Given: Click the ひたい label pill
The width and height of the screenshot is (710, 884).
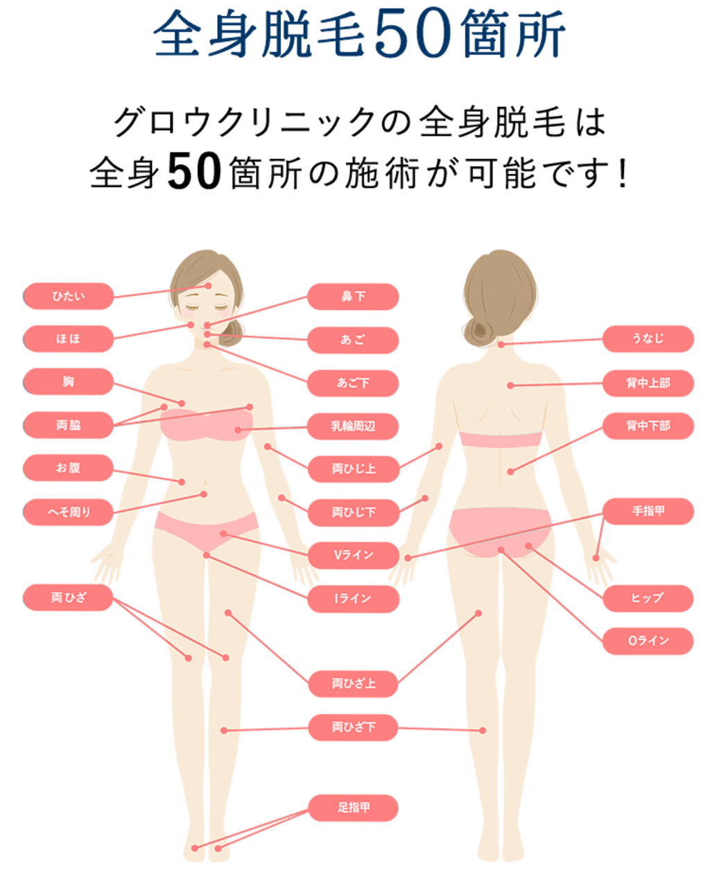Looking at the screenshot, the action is pos(68,296).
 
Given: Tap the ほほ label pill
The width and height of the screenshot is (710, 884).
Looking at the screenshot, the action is pos(68,339).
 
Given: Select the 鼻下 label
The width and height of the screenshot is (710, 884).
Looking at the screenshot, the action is pos(353,297).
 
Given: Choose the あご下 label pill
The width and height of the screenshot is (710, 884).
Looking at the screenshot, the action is pos(353,383).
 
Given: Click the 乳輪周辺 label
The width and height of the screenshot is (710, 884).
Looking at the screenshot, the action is pos(353,426).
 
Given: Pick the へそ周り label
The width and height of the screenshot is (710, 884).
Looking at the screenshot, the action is pos(68,512).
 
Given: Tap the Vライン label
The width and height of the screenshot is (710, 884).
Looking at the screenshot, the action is pos(353,555).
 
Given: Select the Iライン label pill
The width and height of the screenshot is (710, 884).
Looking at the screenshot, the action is pos(353,598).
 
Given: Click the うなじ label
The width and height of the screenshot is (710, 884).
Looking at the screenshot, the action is pos(648,339).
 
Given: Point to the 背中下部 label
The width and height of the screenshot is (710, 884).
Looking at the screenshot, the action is pos(648,426).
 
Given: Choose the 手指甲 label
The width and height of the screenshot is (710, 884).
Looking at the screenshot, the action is pos(648,512).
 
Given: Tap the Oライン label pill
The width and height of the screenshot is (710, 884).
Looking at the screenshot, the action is pos(648,641).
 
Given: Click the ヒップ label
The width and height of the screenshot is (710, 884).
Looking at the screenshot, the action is pos(648,598).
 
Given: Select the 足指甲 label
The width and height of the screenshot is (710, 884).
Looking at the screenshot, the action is pos(353,808).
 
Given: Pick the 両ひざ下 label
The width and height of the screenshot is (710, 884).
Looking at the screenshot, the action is pos(353,727).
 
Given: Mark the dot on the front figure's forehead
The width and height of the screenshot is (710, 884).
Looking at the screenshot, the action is pos(208,286).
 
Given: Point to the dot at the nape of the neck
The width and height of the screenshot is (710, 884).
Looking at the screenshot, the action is pos(501,344).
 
